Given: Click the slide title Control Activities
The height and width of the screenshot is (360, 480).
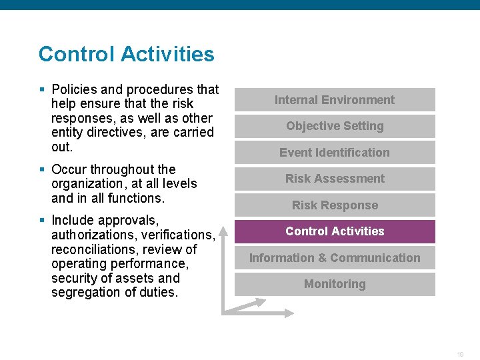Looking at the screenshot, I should point(126,54).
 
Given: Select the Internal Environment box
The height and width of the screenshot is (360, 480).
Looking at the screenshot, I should point(335,100).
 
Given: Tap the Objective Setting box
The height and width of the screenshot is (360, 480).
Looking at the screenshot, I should point(335,126).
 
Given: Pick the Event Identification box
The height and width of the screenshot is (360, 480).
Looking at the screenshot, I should point(335,153).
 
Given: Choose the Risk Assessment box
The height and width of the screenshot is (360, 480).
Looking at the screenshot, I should point(335,179).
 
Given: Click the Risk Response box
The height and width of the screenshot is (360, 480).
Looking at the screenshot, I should point(335,205).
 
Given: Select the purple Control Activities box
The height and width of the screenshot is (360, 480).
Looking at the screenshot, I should point(335,231).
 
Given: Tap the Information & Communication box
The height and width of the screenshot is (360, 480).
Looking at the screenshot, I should point(335,258).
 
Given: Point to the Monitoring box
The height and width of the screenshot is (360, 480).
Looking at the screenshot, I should point(335,284).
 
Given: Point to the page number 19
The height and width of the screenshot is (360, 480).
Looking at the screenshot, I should point(460,355).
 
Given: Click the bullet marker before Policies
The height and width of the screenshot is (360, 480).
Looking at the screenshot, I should point(42,89).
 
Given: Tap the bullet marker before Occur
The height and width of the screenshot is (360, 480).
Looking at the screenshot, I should point(42,169).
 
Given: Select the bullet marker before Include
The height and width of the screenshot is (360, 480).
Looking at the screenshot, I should point(42,220).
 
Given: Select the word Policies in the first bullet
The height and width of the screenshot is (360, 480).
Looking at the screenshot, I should point(75,89).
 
